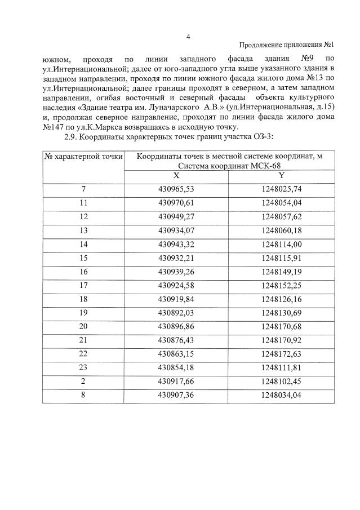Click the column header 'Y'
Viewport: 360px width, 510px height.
(282, 175)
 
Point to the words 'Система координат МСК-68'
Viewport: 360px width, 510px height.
(229, 166)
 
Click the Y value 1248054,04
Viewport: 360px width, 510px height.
(282, 202)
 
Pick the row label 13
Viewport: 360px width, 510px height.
(84, 229)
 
